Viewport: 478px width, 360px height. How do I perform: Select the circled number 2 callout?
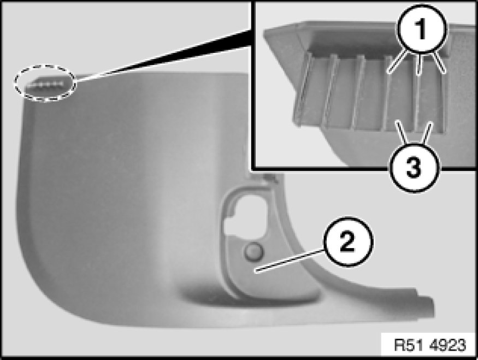point(348,241)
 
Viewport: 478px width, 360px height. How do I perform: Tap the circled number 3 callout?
point(414,167)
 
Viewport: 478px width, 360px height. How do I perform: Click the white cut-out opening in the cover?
point(244,214)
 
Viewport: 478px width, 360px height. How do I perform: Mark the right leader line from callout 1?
point(439,63)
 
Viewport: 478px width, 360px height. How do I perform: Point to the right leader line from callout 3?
point(427,133)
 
